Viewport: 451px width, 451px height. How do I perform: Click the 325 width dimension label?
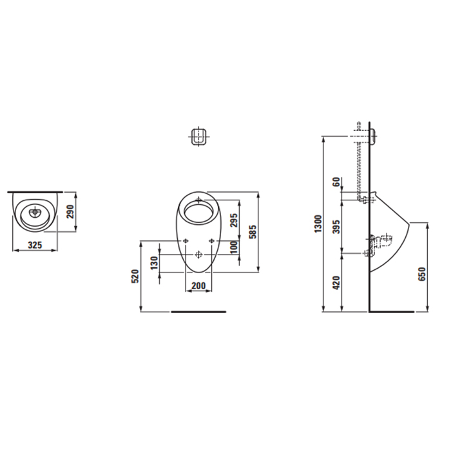(x=35, y=245)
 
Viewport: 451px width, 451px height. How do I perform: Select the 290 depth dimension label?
(x=71, y=211)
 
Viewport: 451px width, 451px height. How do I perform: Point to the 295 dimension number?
(x=235, y=220)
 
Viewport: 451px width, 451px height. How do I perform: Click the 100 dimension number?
(x=235, y=247)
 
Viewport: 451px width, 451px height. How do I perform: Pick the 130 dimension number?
(x=155, y=263)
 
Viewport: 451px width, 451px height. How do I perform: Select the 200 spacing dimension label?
(x=198, y=285)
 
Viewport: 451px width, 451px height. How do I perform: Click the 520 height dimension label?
(x=135, y=276)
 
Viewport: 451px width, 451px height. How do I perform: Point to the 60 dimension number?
(x=336, y=182)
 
